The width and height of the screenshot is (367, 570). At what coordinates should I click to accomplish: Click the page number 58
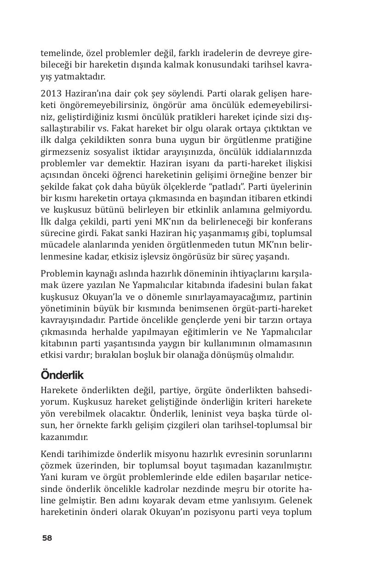(47, 538)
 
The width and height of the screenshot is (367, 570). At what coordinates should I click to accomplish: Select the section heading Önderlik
(62, 375)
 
